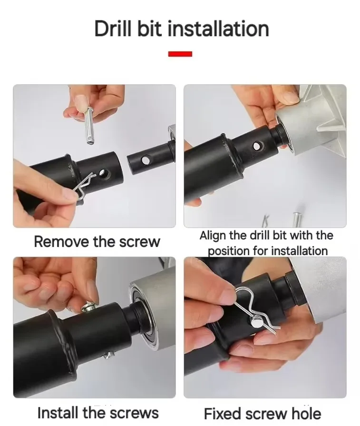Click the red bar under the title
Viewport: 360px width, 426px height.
click(180, 54)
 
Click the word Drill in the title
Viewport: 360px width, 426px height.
click(114, 29)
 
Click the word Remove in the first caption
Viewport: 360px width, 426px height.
click(62, 241)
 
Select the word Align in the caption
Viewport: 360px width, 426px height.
click(213, 236)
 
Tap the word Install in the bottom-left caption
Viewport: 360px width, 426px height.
click(58, 413)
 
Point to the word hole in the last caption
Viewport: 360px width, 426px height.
click(306, 414)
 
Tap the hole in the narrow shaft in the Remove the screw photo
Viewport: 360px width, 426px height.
click(146, 160)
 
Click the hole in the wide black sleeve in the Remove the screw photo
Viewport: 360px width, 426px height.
click(103, 173)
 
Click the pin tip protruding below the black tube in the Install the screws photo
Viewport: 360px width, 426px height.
click(108, 355)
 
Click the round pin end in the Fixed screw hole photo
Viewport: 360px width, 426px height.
click(255, 323)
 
